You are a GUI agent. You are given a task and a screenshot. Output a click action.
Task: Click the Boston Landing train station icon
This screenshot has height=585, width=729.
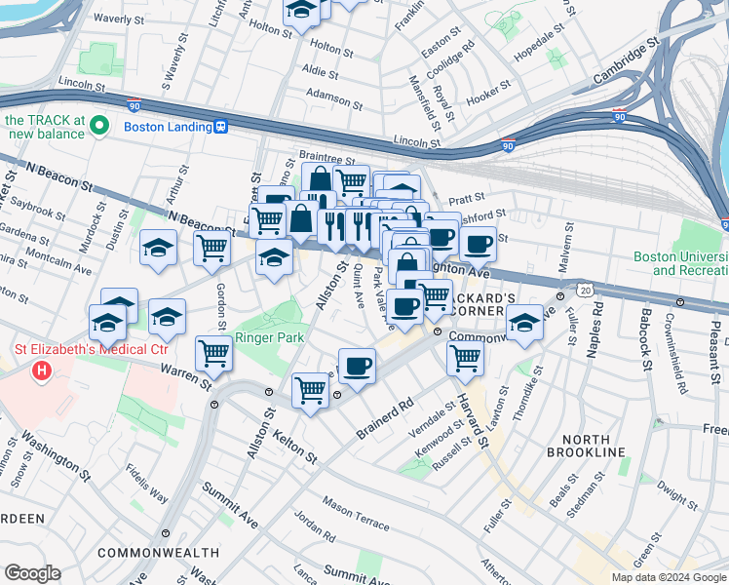coord(222,127)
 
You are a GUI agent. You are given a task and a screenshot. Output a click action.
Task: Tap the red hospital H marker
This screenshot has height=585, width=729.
coord(42,370)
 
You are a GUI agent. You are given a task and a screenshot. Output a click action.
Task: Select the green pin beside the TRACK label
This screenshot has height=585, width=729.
coord(98,124)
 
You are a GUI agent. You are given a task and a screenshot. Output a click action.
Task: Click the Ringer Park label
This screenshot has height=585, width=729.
coord(270,337)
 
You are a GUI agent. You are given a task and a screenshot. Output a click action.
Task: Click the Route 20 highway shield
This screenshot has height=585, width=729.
coord(584,290)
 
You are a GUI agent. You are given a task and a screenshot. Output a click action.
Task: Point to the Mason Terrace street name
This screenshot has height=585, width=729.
coord(356,507)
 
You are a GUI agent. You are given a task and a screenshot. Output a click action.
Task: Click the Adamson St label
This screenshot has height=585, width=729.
coord(333,97)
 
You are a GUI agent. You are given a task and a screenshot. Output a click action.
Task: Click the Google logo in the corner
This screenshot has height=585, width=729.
coord(31,573)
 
